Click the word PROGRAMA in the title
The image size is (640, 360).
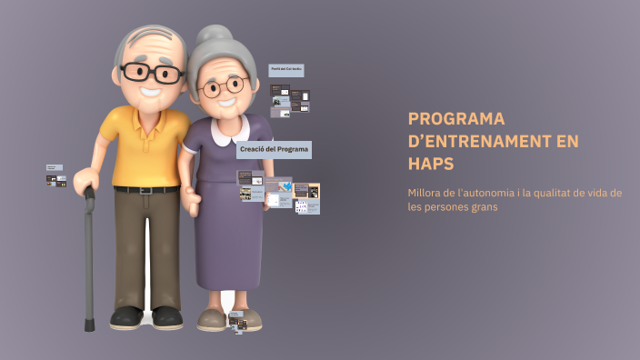coord(456,119)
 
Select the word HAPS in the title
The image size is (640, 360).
coord(431,164)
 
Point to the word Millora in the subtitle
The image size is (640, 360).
coord(426,192)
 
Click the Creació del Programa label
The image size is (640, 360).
coord(274,149)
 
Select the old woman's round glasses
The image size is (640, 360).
coord(223,87)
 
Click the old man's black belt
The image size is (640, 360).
coord(145,189)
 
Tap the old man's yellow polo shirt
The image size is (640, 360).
coord(145,145)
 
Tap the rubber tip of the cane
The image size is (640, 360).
coord(89,325)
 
